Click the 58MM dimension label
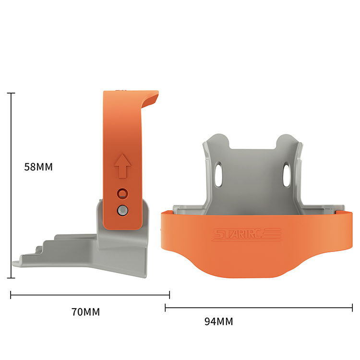click(38, 167)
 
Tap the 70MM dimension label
click(85, 312)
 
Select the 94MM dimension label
click(218, 322)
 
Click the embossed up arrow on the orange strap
click(122, 166)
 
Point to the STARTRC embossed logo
click(247, 235)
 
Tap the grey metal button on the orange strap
click(122, 210)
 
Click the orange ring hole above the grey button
click(122, 193)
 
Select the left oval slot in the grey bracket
click(218, 174)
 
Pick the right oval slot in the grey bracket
click(287, 174)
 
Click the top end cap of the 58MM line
click(11, 93)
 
